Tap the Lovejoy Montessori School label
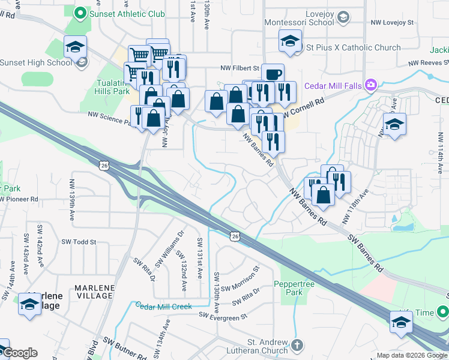(299, 17)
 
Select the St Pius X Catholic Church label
(353, 47)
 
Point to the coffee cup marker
(273, 74)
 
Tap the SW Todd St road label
(79, 242)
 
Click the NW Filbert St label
(238, 68)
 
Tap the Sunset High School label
(35, 62)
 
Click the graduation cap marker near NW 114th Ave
(394, 124)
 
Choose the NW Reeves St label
(428, 62)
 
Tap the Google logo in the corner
(19, 353)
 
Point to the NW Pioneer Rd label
(19, 199)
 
